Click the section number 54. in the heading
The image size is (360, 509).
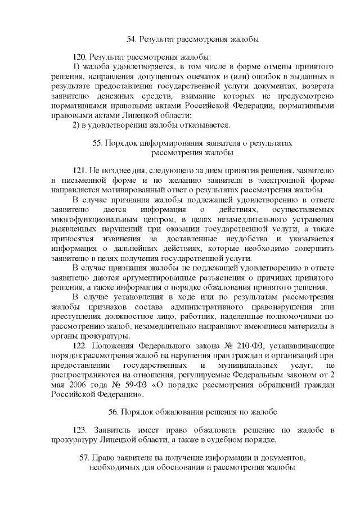(x=132, y=39)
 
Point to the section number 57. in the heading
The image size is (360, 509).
(x=87, y=457)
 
